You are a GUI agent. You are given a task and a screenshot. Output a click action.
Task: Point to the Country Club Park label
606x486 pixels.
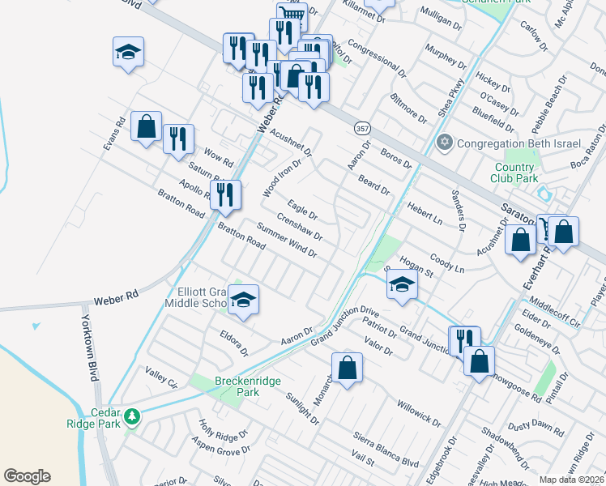[515, 173]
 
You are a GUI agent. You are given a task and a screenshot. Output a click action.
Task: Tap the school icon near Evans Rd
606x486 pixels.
[129, 53]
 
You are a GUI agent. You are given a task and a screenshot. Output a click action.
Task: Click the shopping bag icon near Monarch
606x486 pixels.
[347, 368]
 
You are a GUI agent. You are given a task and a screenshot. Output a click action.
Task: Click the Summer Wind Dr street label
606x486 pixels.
[287, 241]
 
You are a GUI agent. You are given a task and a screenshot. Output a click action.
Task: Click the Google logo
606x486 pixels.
[27, 476]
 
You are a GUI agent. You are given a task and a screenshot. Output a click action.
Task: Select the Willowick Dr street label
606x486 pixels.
[419, 412]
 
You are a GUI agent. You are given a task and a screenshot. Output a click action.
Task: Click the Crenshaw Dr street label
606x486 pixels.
[299, 228]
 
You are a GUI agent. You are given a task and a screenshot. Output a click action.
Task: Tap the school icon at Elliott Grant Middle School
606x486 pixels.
[243, 300]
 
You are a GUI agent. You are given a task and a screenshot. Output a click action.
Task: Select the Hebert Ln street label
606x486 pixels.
[425, 214]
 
